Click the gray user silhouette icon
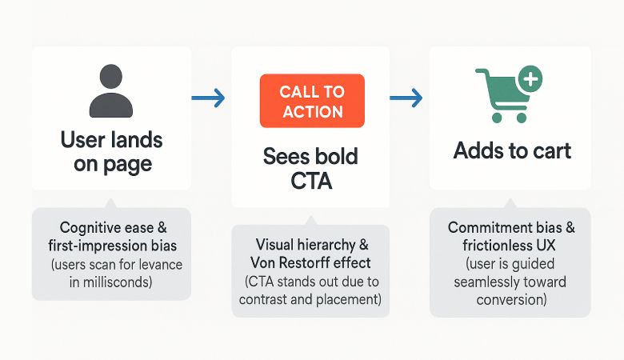click(111, 92)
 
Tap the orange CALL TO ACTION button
click(311, 101)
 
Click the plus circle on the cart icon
click(530, 79)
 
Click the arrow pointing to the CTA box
click(209, 98)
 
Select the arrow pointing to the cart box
click(406, 98)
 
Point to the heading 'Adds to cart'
click(512, 150)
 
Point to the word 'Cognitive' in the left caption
click(90, 227)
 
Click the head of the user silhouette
click(111, 78)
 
